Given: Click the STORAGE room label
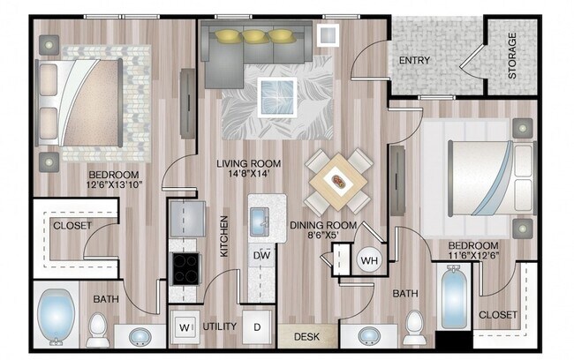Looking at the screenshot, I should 513,56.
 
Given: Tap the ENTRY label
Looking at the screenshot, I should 415,61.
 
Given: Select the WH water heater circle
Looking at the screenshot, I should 368,260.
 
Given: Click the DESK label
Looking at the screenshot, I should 307,335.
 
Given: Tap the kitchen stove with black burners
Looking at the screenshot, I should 185,266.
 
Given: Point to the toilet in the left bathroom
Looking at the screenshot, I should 97,330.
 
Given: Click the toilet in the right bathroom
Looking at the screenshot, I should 413,331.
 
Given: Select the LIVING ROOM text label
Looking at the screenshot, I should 249,163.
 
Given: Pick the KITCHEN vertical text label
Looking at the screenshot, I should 224,236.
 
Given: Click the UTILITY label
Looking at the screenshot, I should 219,326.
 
